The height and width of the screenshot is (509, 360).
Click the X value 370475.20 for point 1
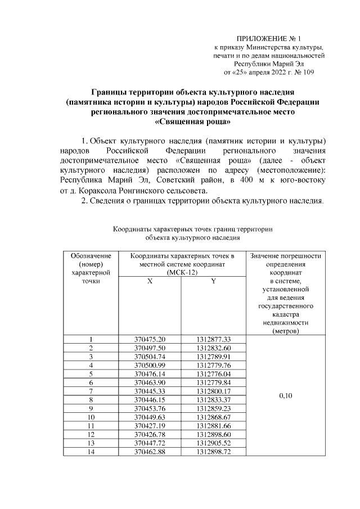pyautogui.click(x=150, y=339)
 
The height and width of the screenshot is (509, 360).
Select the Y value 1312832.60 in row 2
pyautogui.click(x=214, y=348)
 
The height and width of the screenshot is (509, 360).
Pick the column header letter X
pyautogui.click(x=150, y=281)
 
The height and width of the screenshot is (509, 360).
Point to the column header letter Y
pyautogui.click(x=214, y=281)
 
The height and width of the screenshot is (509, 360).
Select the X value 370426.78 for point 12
pyautogui.click(x=150, y=434)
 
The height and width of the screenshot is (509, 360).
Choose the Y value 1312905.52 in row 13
pyautogui.click(x=214, y=443)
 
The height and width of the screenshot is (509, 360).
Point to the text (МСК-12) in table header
pyautogui.click(x=181, y=272)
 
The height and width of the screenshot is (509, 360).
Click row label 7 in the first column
pyautogui.click(x=90, y=391)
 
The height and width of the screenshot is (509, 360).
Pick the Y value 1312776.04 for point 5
pyautogui.click(x=214, y=373)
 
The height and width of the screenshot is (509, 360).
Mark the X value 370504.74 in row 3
pyautogui.click(x=150, y=356)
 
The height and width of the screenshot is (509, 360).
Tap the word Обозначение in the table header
pyautogui.click(x=90, y=256)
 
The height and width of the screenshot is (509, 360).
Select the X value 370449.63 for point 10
pyautogui.click(x=150, y=417)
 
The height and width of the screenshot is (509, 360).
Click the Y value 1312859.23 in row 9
pyautogui.click(x=214, y=408)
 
